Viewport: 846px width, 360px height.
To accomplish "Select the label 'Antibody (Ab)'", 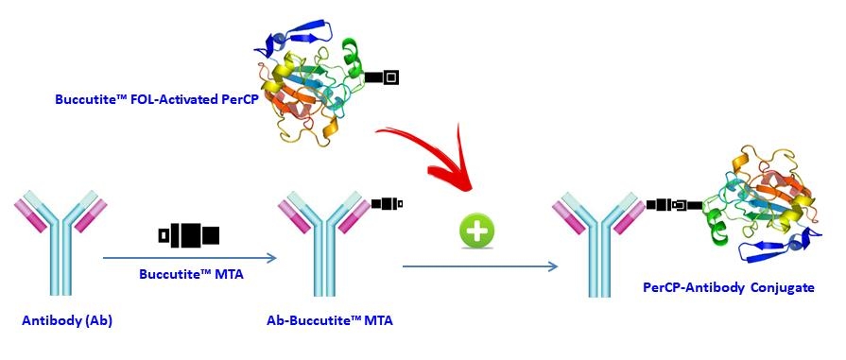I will point(65,320).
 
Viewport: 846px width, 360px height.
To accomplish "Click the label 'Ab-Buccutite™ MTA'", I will point(330,320).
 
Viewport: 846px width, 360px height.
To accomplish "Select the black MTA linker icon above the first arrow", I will point(189,233).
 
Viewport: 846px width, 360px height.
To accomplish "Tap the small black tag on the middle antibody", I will point(388,203).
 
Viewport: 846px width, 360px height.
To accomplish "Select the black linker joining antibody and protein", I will point(673,203).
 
